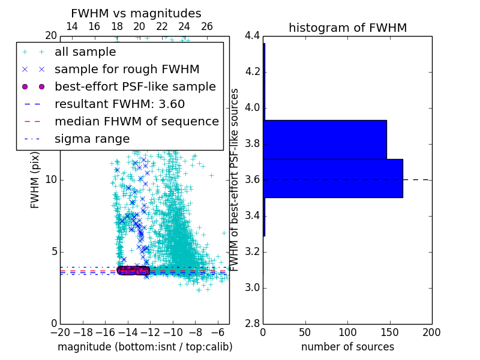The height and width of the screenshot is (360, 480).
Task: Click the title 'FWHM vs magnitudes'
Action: click(136, 13)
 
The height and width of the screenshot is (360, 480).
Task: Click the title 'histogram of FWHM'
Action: click(347, 28)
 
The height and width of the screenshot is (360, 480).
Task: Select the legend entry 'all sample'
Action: click(85, 52)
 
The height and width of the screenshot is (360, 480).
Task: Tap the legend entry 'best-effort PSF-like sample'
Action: click(135, 86)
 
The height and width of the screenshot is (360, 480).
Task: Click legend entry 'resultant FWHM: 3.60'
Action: click(119, 104)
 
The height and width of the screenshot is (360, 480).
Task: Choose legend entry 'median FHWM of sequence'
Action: click(136, 121)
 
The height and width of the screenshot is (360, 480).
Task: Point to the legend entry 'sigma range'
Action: click(92, 139)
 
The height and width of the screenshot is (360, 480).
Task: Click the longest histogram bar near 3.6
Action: click(333, 178)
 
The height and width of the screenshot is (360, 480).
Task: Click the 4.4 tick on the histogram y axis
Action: click(252, 36)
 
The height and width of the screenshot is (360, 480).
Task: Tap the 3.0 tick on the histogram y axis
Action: click(252, 288)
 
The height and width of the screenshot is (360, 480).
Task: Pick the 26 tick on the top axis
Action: click(207, 26)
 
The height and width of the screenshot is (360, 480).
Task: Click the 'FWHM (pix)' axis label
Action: click(35, 180)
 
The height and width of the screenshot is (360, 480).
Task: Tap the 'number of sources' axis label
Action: click(347, 347)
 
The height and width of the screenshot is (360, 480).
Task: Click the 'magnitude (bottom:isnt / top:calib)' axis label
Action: click(145, 347)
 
